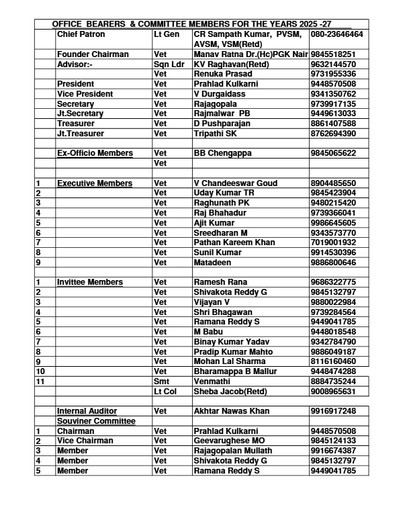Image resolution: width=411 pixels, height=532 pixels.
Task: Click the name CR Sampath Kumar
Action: [232, 34]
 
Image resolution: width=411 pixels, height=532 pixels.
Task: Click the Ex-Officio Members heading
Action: [95, 153]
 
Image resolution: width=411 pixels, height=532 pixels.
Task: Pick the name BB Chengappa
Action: [223, 153]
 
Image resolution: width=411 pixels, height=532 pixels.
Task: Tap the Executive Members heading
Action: [95, 183]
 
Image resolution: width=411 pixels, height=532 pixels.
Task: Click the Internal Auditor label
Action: [87, 410]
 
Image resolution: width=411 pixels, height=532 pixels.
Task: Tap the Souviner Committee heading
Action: [96, 420]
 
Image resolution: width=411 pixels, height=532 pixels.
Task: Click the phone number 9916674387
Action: [333, 451]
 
